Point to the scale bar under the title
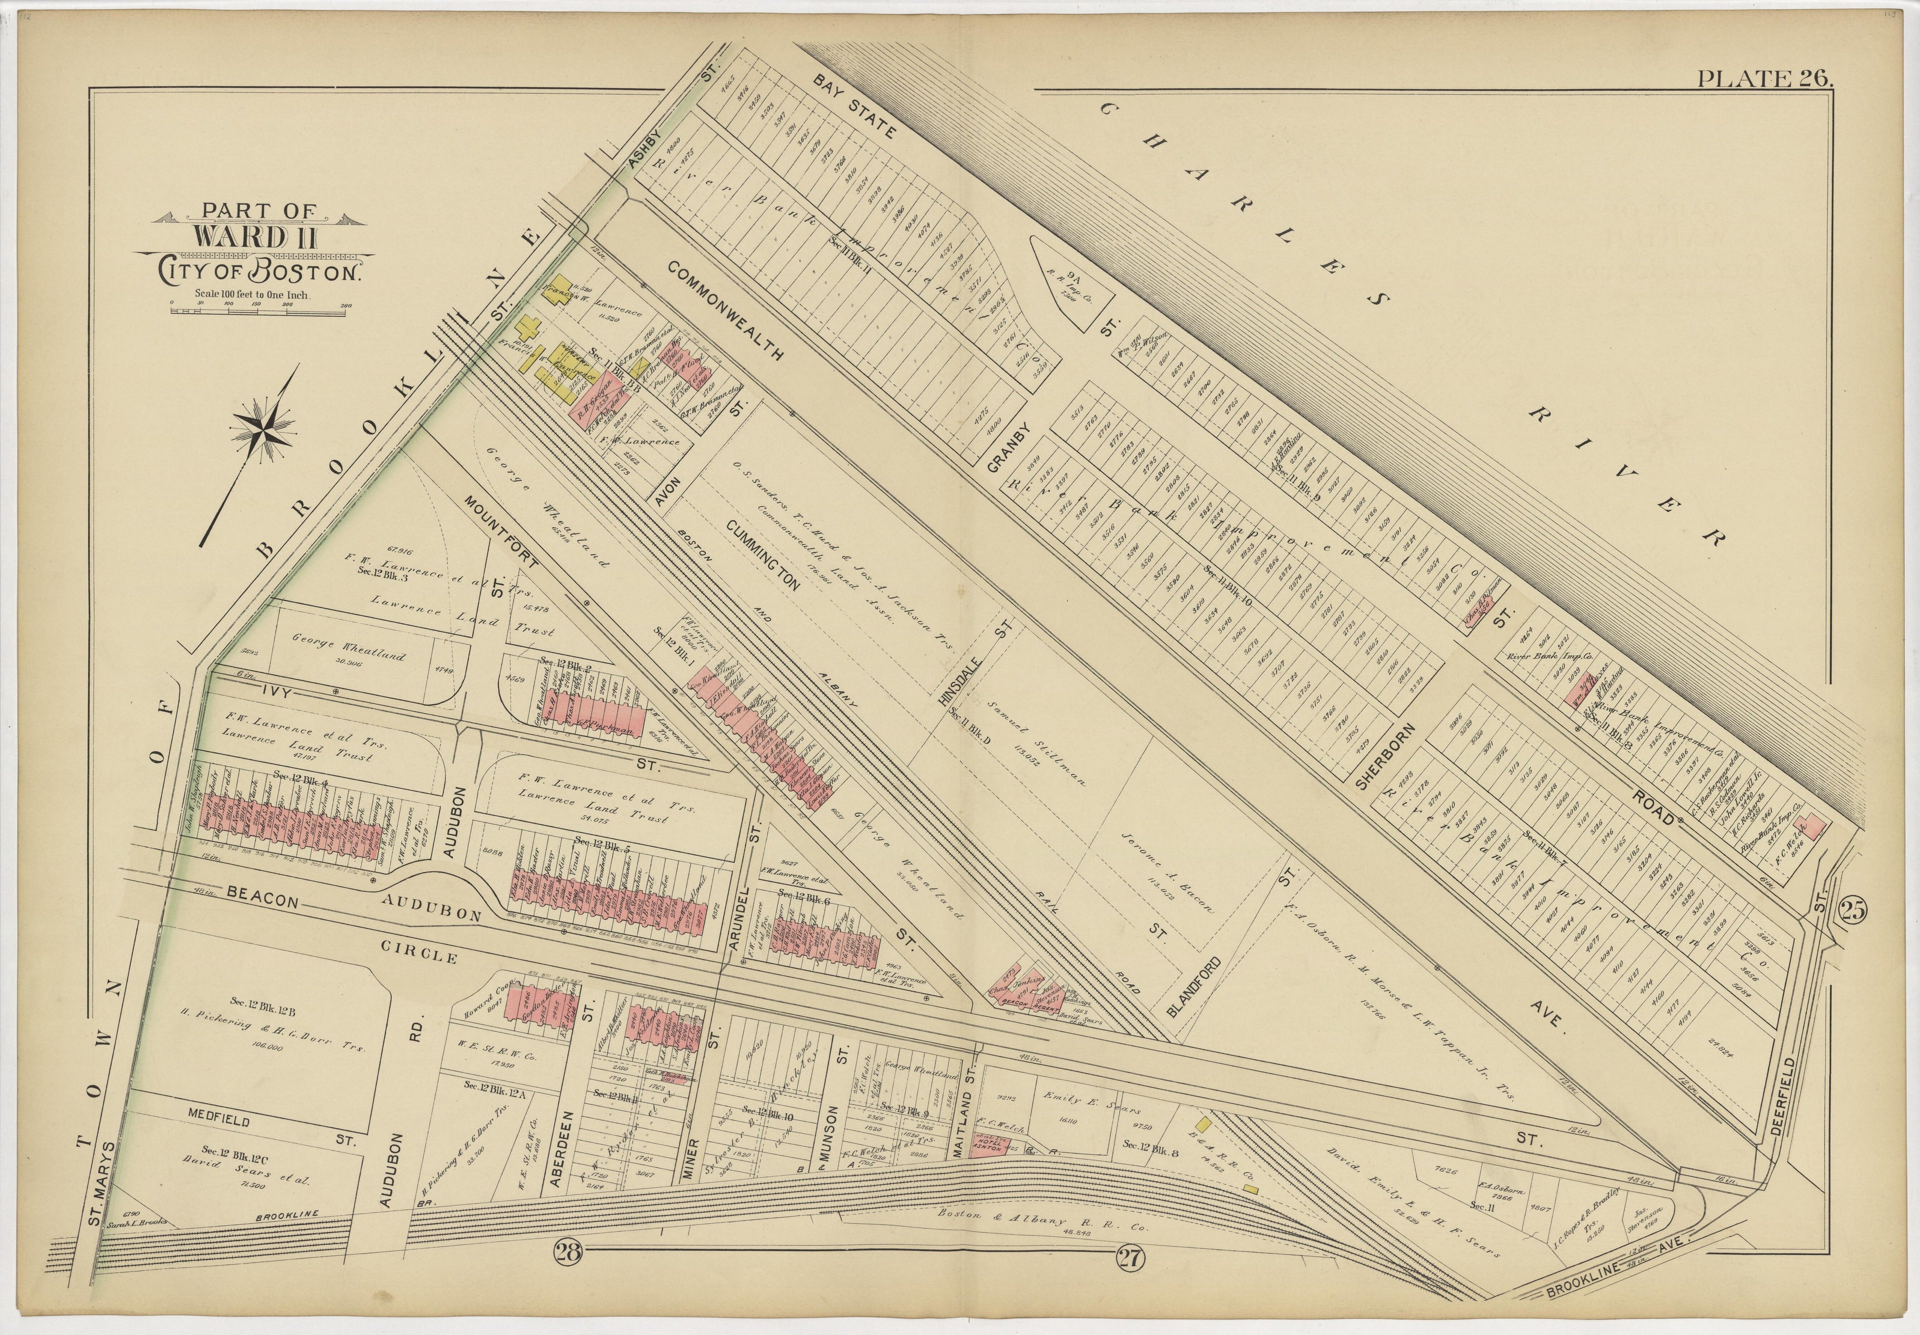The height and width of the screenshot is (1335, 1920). [261, 311]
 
